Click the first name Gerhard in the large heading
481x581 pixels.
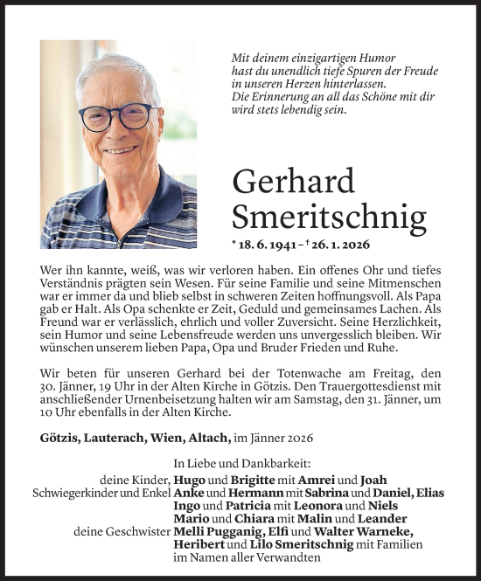tap(294, 182)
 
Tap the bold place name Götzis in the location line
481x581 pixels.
tap(59, 436)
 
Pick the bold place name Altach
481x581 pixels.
tap(206, 436)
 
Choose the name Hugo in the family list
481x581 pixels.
tap(191, 480)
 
